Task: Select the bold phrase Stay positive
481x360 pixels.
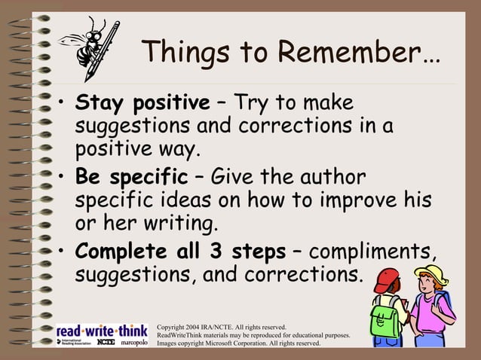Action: point(142,102)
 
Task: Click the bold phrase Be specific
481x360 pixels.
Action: point(131,178)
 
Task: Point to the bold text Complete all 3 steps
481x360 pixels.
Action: point(180,251)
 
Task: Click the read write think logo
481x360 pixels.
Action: point(102,331)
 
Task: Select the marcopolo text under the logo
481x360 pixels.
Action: point(133,342)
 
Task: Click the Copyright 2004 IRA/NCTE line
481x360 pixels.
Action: point(221,327)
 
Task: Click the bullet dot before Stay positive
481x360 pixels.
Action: point(62,103)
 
